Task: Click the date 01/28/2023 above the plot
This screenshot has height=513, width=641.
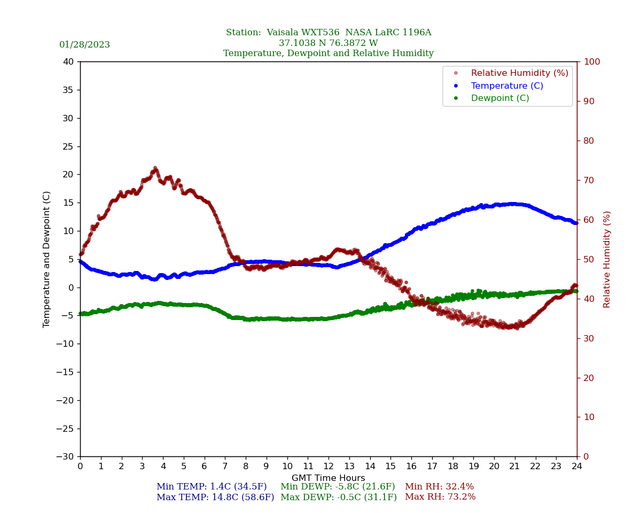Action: (x=84, y=45)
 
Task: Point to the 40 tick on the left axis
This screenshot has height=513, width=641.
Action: (x=68, y=62)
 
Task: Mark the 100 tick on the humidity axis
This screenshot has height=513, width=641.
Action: (x=591, y=62)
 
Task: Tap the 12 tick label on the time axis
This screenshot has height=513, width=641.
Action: (x=329, y=467)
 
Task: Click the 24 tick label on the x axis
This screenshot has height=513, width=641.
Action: (x=577, y=467)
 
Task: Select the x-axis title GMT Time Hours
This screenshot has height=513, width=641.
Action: (x=329, y=478)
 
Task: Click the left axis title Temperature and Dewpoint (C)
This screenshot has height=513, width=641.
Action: (x=47, y=259)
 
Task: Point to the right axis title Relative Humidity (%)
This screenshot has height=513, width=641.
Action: (x=607, y=259)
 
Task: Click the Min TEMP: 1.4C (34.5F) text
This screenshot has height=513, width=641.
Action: (x=212, y=487)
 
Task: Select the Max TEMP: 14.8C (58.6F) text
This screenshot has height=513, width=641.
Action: (x=215, y=497)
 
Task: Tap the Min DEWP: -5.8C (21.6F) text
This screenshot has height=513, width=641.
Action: (x=338, y=487)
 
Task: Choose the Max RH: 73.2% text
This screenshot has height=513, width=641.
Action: (x=440, y=497)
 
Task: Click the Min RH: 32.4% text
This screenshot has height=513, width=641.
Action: (x=439, y=487)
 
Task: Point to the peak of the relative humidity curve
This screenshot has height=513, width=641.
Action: (x=155, y=168)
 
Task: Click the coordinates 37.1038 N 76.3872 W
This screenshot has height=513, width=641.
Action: (x=329, y=43)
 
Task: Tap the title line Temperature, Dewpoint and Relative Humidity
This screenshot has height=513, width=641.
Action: (x=329, y=53)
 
